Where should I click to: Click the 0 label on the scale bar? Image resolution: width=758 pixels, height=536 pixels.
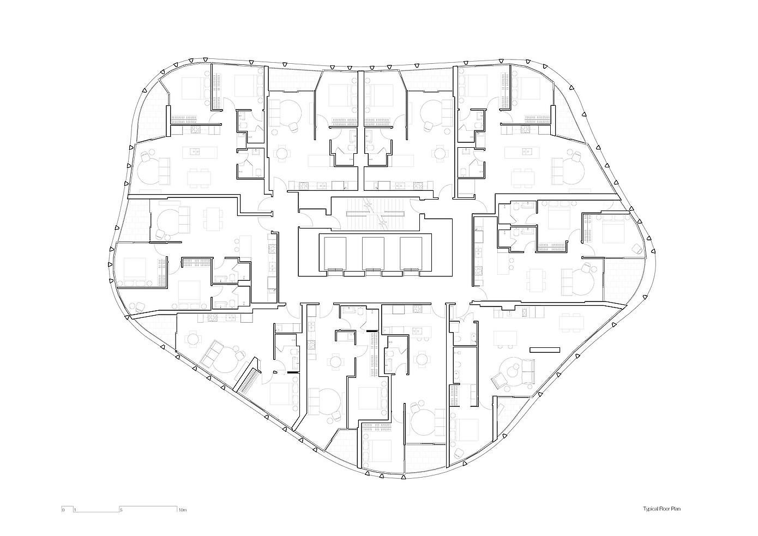63,510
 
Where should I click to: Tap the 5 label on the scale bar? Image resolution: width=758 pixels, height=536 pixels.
121,510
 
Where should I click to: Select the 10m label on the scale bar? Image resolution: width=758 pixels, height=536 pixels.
182,510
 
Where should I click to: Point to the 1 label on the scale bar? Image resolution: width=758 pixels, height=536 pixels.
75,510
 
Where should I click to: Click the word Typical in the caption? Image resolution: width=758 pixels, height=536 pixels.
651,509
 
